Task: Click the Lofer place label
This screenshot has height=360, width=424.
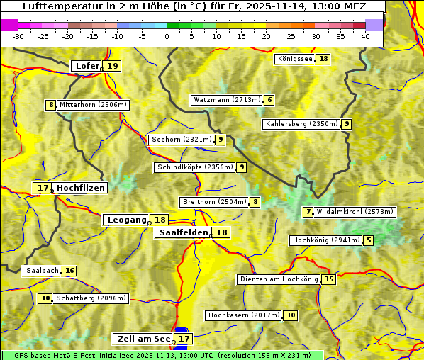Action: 87,66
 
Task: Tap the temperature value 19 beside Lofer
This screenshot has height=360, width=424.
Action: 113,66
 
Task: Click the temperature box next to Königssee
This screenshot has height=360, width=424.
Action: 323,59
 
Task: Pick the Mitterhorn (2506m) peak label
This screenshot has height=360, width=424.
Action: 93,105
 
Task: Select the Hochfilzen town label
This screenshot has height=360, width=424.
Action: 81,188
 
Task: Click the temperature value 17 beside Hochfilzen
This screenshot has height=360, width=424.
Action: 43,188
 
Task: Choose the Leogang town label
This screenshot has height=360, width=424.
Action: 126,220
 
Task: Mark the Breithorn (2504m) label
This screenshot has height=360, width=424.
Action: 213,202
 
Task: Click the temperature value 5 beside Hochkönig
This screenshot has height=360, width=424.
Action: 368,240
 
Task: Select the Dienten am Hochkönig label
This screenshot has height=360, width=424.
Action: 278,279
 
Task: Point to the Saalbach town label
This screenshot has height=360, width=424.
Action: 42,271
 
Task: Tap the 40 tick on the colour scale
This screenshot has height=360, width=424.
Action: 365,36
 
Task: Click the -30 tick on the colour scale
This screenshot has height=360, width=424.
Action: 18,36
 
